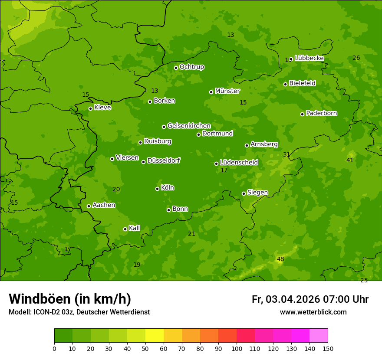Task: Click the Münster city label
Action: [227, 91]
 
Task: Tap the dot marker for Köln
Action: [157, 189]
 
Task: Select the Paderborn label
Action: [322, 113]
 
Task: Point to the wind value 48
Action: [280, 259]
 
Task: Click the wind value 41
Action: [350, 160]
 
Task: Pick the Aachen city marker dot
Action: [89, 206]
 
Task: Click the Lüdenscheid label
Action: [239, 163]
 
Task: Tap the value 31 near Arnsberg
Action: [286, 154]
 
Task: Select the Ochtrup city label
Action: [192, 67]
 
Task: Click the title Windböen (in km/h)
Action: [70, 299]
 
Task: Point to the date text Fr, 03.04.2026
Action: [286, 299]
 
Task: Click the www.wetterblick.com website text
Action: [313, 312]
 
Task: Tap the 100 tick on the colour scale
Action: [237, 348]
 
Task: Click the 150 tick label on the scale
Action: [327, 348]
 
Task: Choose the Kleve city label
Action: [103, 108]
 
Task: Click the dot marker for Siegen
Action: [244, 193]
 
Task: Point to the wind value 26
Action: [356, 58]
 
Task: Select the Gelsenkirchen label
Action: [189, 126]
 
